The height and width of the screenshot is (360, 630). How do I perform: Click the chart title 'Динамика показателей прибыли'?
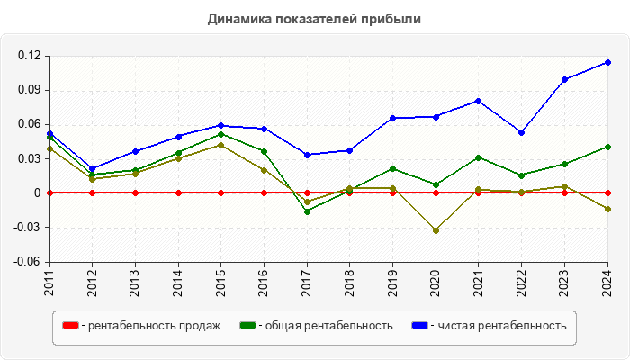314,18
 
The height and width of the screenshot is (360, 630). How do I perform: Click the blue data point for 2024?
607,62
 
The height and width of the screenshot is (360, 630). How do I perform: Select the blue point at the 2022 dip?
522,132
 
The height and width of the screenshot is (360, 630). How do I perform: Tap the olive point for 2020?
436,230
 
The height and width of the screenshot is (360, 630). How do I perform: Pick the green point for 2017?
307,211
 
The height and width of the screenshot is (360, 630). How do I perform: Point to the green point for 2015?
221,134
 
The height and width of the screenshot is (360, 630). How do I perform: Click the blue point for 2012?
93,168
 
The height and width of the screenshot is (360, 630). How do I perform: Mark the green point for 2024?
607,147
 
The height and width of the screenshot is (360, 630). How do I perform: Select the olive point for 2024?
607,209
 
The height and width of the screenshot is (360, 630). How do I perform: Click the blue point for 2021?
479,101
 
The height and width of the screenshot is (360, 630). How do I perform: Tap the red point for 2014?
178,193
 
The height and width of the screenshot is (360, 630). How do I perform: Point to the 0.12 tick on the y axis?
30,56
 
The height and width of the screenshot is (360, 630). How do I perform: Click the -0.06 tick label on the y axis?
28,262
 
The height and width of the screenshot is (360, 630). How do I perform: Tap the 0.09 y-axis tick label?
30,90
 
